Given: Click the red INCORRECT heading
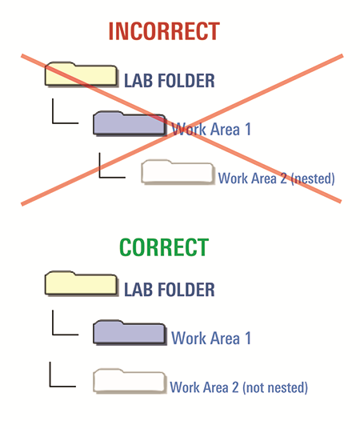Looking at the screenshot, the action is [x=164, y=31].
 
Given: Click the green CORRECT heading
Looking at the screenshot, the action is [x=164, y=247].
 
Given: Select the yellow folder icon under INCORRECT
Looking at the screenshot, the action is [x=82, y=74].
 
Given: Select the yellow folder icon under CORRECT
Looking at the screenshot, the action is [x=82, y=283].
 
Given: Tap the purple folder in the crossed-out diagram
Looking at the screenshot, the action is [x=130, y=123].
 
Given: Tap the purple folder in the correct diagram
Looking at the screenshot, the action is [x=130, y=332].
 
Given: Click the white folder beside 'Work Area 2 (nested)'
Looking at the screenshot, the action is [x=178, y=172].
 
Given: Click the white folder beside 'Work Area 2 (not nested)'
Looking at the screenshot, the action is [x=130, y=381].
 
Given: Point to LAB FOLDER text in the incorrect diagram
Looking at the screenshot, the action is [x=170, y=81].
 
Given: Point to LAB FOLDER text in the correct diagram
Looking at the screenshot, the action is [x=170, y=290].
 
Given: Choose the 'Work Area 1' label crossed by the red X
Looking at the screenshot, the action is [x=211, y=129].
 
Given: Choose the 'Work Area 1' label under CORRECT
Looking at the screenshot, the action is [x=211, y=338].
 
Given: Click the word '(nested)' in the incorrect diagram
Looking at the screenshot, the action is [x=313, y=178].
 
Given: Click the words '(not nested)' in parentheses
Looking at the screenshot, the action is [x=275, y=387].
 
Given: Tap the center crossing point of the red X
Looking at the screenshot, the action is [x=181, y=129].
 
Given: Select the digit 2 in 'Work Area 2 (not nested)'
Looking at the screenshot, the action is [x=235, y=387].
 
